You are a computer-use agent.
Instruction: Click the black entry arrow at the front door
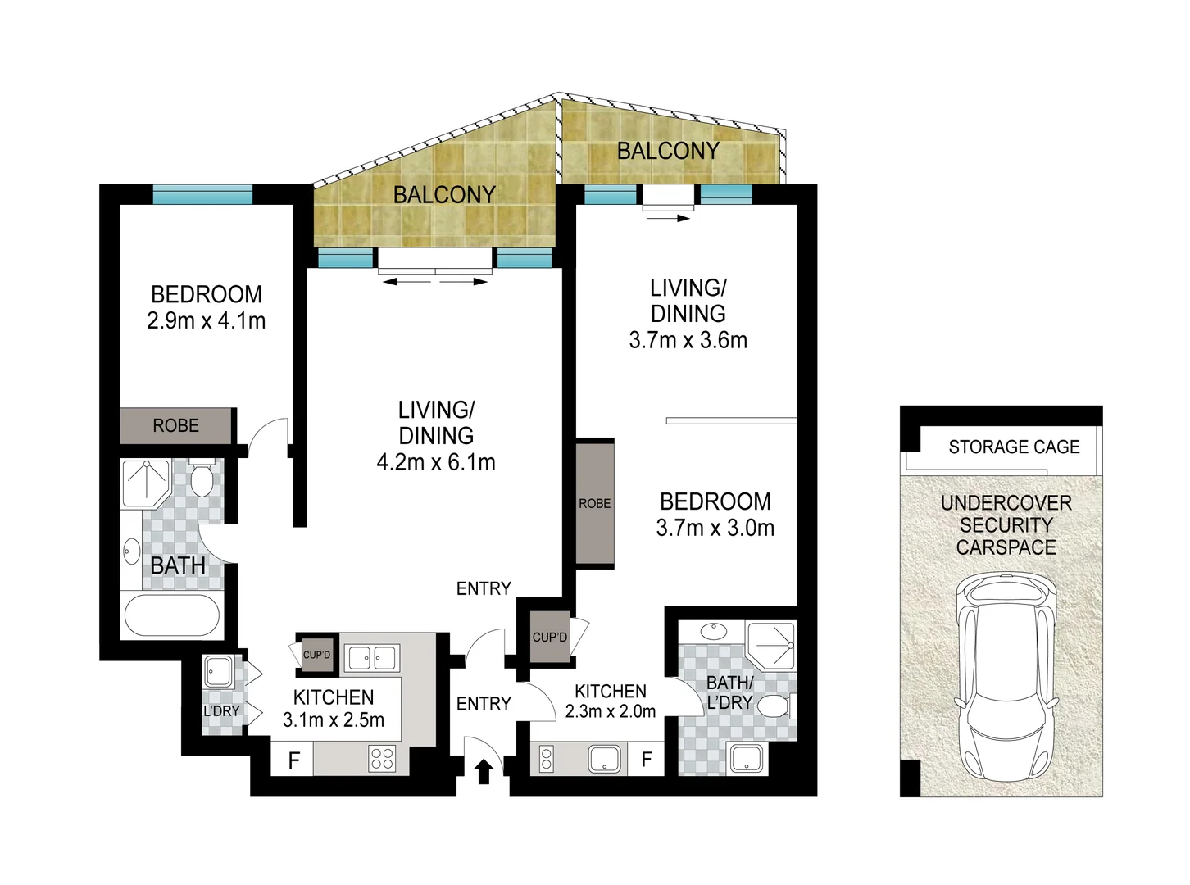[x=484, y=771]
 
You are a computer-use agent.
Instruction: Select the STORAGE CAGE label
[x=1014, y=447]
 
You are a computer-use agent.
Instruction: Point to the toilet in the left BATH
[x=202, y=479]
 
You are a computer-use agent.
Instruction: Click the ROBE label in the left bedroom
[x=176, y=425]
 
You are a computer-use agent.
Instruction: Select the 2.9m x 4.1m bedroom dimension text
[x=207, y=320]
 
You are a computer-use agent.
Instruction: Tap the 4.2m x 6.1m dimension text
[x=436, y=462]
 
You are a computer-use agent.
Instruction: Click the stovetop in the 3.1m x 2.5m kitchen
[x=382, y=758]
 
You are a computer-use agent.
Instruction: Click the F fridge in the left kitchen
[x=293, y=760]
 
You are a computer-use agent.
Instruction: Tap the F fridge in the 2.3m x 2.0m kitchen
[x=647, y=760]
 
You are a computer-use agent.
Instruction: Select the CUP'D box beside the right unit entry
[x=549, y=637]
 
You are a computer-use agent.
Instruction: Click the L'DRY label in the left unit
[x=220, y=710]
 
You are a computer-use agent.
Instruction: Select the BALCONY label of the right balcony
[x=668, y=151]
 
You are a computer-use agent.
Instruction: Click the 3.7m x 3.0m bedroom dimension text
[x=715, y=529]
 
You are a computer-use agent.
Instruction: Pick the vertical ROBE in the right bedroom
[x=595, y=503]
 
